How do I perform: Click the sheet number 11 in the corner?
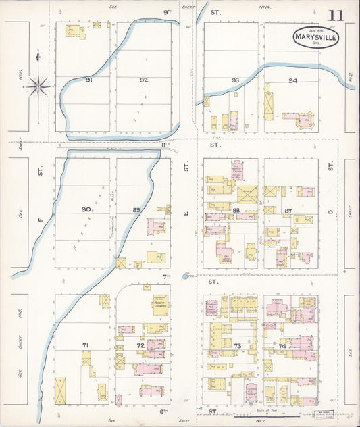click(x=336, y=16)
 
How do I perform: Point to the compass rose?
click(x=38, y=84)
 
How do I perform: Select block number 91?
click(x=88, y=80)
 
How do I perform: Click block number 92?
click(x=143, y=80)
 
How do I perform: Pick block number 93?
click(x=235, y=80)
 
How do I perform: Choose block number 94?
click(x=292, y=80)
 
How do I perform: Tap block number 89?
click(x=137, y=211)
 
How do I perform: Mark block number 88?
click(x=236, y=211)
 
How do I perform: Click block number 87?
click(x=288, y=211)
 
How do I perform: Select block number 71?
click(x=86, y=345)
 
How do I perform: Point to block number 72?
click(x=140, y=345)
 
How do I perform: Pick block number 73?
click(x=237, y=345)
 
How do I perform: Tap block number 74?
click(x=282, y=345)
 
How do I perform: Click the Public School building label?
click(x=159, y=303)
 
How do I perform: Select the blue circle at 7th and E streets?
click(x=184, y=276)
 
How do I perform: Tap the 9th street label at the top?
click(x=167, y=12)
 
